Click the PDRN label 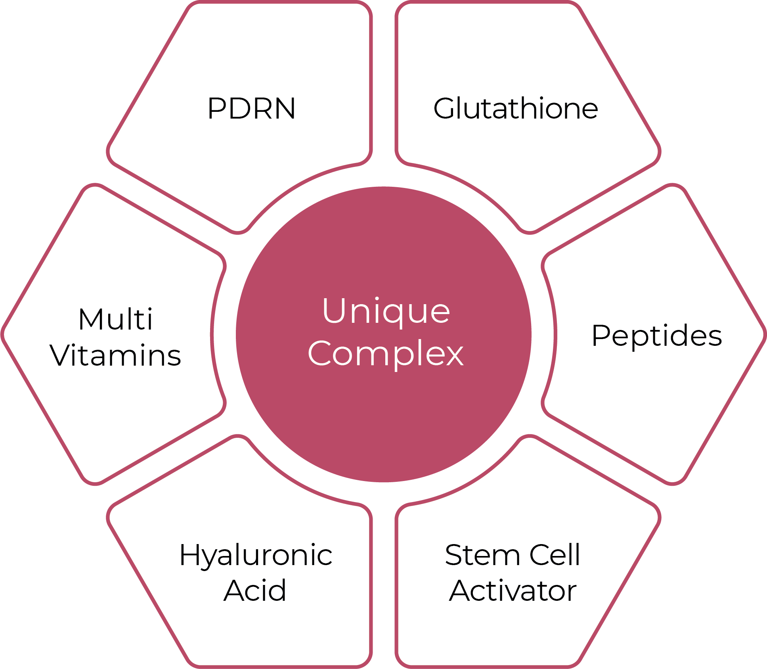point(251,108)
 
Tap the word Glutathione point(515,108)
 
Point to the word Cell point(555,555)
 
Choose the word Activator point(513,591)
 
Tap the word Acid point(254,591)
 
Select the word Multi point(115,319)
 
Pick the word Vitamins point(115,355)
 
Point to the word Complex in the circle point(385,354)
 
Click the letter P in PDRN point(216,108)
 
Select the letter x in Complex point(453,354)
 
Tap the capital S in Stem point(454,555)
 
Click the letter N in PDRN point(285,108)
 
